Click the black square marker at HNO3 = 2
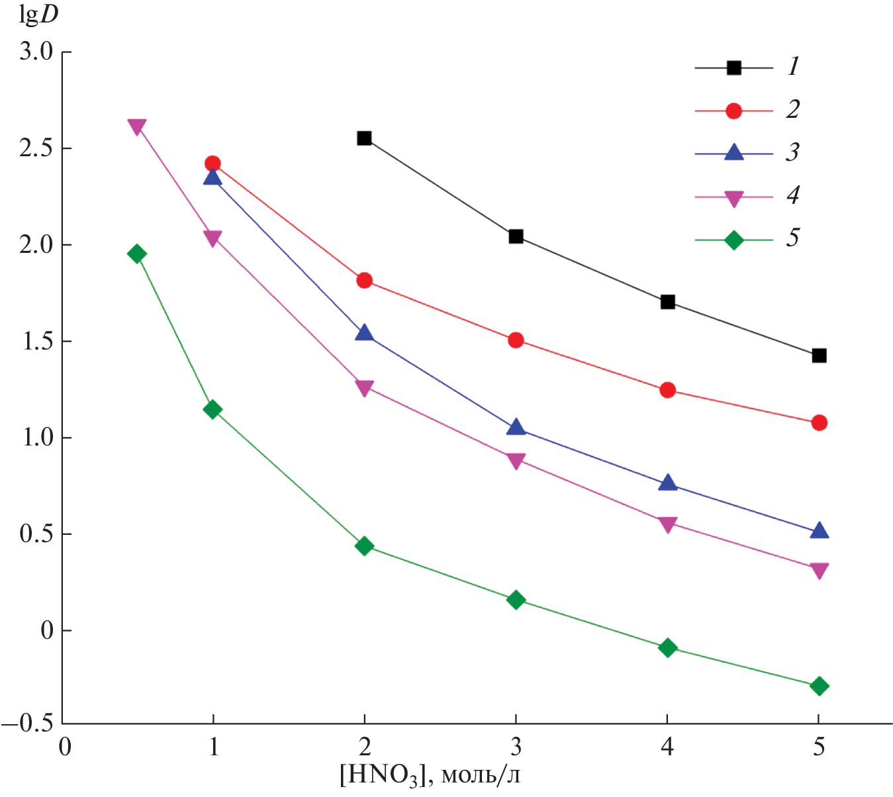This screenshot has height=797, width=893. click(x=364, y=138)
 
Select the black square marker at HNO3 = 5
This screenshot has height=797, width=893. click(x=819, y=356)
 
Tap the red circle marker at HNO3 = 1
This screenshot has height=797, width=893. click(x=212, y=164)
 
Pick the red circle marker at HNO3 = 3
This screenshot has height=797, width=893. click(x=516, y=341)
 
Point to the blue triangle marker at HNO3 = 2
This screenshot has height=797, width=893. click(x=364, y=333)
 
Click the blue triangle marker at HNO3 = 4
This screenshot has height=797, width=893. click(x=668, y=483)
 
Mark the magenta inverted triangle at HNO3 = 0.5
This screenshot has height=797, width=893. click(x=137, y=126)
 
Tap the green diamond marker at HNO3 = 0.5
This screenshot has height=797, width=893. click(x=137, y=254)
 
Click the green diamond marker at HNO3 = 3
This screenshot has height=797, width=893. click(x=516, y=600)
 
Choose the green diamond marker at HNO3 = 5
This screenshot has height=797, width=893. click(x=819, y=686)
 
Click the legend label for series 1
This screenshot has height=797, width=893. click(x=793, y=66)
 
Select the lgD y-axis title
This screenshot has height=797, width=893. click(x=38, y=16)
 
